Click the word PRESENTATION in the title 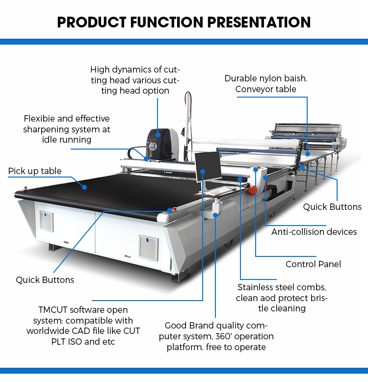click(256, 22)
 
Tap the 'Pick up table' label click(35, 171)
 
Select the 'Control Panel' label click(313, 264)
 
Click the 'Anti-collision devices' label click(314, 231)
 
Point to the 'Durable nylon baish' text click(265, 78)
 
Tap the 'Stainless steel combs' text click(282, 287)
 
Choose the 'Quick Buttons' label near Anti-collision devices click(332, 206)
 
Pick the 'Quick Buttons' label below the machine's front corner click(45, 280)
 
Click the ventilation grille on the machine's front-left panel click(46, 221)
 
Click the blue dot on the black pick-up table click(84, 187)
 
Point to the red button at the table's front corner click(170, 210)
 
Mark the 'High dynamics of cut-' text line click(134, 70)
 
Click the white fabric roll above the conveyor click(245, 143)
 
